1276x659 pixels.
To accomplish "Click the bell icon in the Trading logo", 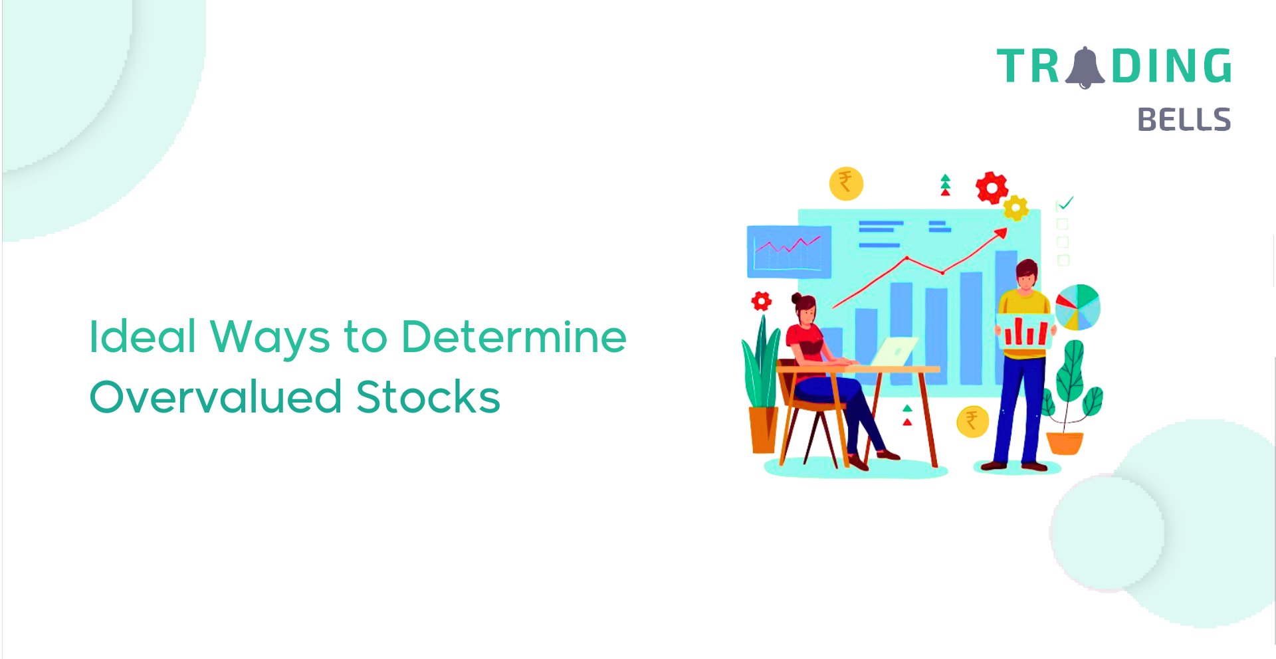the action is pyautogui.click(x=1085, y=68).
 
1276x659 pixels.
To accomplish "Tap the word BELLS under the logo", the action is pyautogui.click(x=1184, y=120).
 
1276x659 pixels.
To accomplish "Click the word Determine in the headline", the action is pyautogui.click(x=514, y=337).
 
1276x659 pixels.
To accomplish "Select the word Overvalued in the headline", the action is pyautogui.click(x=216, y=397).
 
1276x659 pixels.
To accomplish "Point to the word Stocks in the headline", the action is pyautogui.click(x=428, y=397).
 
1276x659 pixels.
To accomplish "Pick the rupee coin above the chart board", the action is pyautogui.click(x=846, y=183).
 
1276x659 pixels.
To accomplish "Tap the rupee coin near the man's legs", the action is pyautogui.click(x=972, y=421).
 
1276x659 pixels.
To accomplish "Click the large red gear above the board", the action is pyautogui.click(x=992, y=188).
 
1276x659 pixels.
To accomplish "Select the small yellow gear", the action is pyautogui.click(x=1015, y=208).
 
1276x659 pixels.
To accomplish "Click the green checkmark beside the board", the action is pyautogui.click(x=1065, y=203).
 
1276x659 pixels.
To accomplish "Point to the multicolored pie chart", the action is pyautogui.click(x=1078, y=307).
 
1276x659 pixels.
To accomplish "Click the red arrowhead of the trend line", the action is pyautogui.click(x=1001, y=233).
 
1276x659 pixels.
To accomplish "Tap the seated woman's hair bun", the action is pyautogui.click(x=796, y=298).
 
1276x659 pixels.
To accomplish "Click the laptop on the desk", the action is pyautogui.click(x=895, y=351).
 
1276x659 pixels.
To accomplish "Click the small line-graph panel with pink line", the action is pyautogui.click(x=790, y=252).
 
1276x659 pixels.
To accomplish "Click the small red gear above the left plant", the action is pyautogui.click(x=762, y=302).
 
